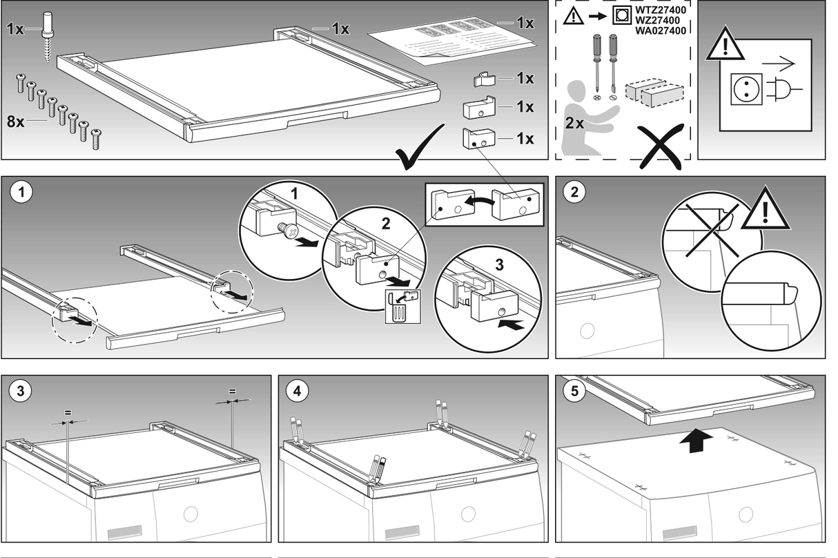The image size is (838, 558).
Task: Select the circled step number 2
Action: tap(574, 193)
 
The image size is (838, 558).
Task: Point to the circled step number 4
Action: tap(298, 391)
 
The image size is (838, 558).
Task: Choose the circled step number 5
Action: tap(574, 391)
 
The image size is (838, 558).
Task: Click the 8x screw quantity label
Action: tap(15, 122)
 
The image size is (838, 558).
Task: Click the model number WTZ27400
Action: tap(661, 10)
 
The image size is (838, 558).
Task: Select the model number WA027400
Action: tap(661, 31)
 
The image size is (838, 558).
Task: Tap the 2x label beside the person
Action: tap(574, 123)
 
